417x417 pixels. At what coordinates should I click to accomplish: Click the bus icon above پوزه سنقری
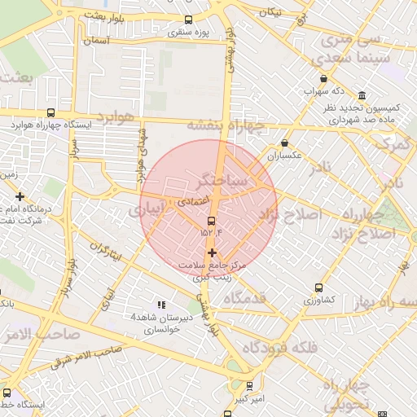[x=189, y=20]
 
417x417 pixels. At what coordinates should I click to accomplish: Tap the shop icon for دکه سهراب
[x=324, y=79]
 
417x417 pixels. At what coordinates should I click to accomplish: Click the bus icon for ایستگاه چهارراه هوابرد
[x=51, y=113]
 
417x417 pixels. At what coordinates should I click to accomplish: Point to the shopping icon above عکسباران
[x=284, y=143]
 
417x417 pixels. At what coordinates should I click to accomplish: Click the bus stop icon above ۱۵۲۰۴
[x=211, y=221]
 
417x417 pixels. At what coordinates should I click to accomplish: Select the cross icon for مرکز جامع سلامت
[x=213, y=253]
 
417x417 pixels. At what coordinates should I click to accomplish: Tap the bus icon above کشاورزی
[x=318, y=288]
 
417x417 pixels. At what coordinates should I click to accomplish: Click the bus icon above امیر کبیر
[x=249, y=386]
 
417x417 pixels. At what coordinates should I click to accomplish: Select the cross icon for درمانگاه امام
[x=20, y=196]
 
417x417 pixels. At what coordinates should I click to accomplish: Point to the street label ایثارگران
[x=105, y=250]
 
